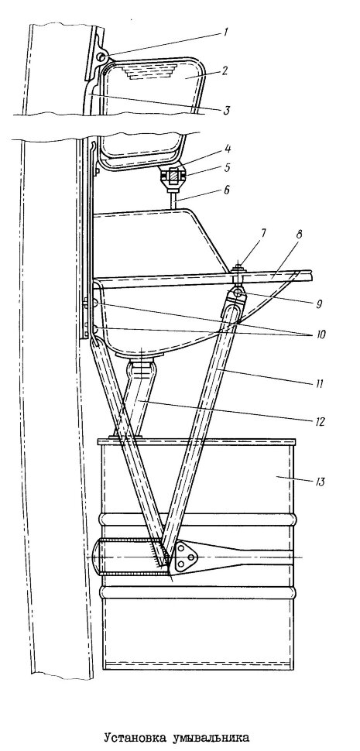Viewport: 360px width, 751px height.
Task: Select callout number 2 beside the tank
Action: point(224,70)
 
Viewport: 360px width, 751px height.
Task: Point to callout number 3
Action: point(228,110)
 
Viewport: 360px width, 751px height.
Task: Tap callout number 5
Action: point(226,168)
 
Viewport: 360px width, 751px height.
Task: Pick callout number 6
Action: point(226,190)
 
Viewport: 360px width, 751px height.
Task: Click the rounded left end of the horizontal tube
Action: point(96,557)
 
